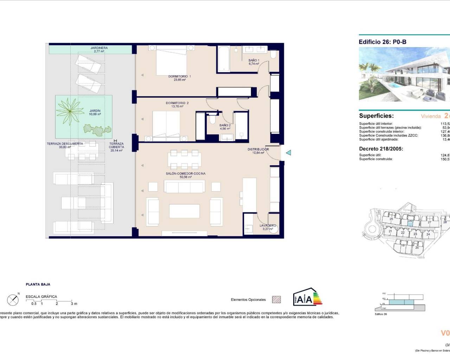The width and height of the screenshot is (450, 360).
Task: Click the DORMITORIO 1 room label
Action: point(179,76)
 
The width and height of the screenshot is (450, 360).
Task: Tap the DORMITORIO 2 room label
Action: point(177,103)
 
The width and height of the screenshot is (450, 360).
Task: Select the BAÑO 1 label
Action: point(253,60)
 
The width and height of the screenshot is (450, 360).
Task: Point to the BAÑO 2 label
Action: point(225,125)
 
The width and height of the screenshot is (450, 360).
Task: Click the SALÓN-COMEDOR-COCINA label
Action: point(186,174)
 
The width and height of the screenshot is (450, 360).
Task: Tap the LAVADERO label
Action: point(268,225)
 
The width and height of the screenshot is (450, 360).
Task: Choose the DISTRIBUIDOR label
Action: point(258,149)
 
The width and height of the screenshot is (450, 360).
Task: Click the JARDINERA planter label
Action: point(99,48)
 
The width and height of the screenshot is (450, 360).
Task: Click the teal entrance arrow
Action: point(289,153)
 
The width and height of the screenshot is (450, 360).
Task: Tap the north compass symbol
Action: point(13,300)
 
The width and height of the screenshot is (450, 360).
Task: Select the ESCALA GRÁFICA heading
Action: point(41,297)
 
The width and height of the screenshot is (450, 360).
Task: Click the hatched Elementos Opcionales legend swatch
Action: point(277,300)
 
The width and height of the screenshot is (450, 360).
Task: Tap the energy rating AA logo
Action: point(307,298)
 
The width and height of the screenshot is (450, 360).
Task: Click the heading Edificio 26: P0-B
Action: point(382,42)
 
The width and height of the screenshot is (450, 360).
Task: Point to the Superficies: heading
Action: point(376,116)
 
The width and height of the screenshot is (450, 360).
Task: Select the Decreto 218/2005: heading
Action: point(381,149)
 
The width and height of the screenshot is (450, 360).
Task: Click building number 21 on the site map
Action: point(390,231)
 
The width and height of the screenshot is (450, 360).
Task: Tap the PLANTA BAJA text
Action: point(38,284)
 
